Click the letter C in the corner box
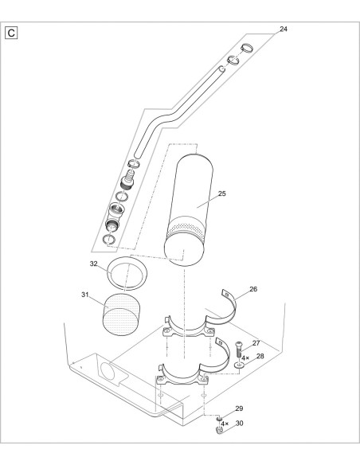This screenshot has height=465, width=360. [x=12, y=35]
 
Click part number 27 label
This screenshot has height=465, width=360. [x=256, y=343]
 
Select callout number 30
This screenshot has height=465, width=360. [x=238, y=423]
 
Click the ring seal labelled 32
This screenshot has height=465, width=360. [x=128, y=272]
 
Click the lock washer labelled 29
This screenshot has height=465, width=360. [x=216, y=416]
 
